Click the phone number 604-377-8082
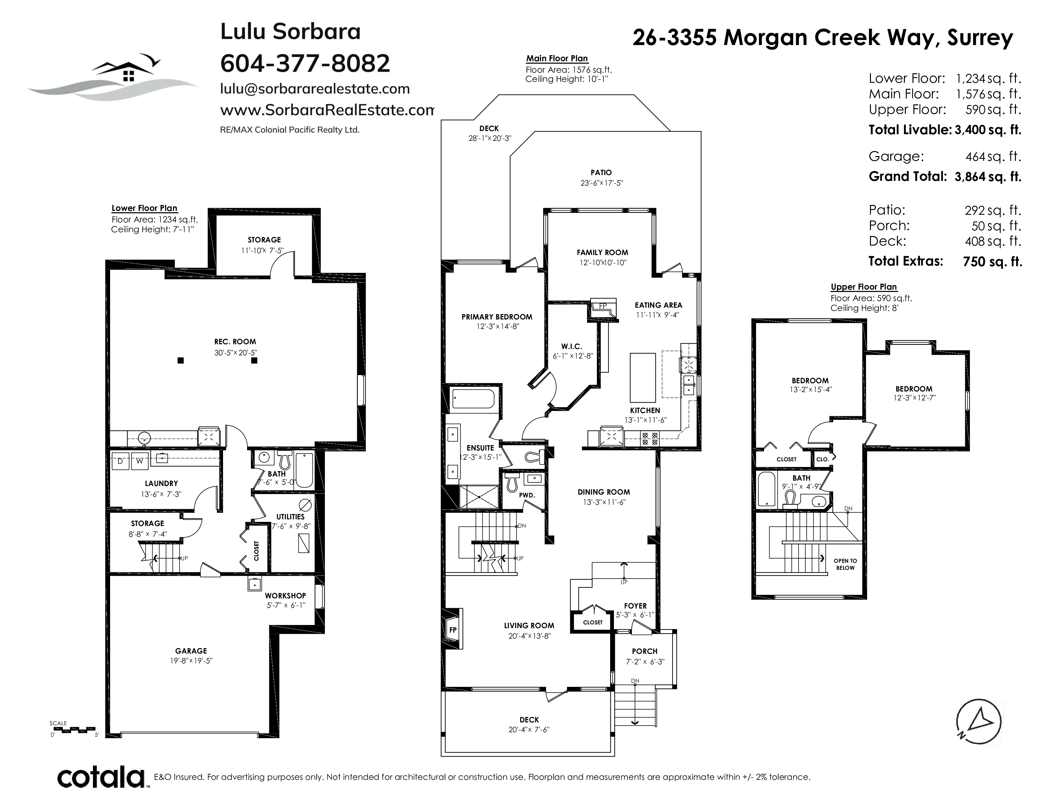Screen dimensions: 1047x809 click(305, 63)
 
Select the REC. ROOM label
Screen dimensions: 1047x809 click(235, 342)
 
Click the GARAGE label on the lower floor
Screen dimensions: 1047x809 click(191, 651)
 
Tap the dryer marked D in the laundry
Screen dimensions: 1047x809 click(120, 461)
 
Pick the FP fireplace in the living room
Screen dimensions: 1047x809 click(452, 630)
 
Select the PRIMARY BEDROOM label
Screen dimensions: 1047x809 click(497, 317)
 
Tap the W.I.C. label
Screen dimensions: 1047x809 click(571, 346)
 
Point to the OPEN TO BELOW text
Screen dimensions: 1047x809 click(845, 564)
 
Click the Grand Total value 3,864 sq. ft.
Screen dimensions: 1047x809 click(988, 177)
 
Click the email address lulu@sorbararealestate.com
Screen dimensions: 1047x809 click(315, 89)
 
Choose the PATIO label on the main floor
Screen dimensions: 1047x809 click(601, 173)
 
